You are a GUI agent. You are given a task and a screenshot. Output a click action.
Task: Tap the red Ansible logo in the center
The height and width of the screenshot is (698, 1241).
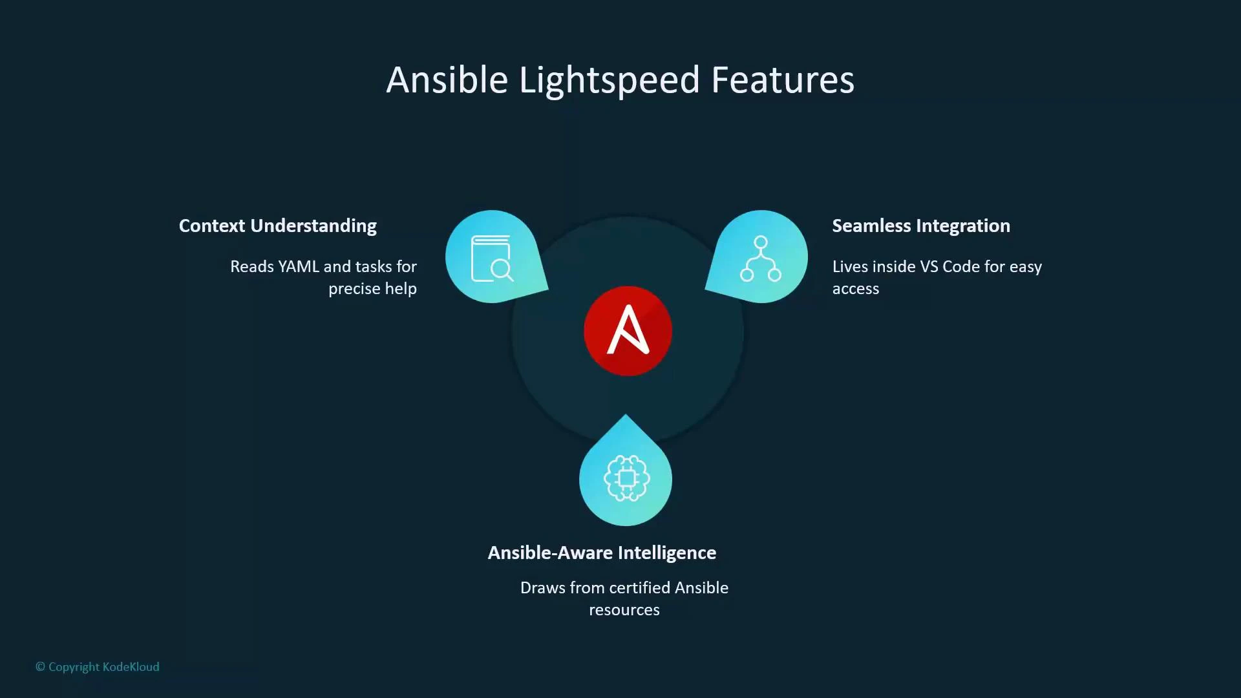point(628,331)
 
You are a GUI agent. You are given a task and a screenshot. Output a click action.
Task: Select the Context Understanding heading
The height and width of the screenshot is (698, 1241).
point(277,226)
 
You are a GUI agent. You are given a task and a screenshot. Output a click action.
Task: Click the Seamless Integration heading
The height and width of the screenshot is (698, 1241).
point(920,226)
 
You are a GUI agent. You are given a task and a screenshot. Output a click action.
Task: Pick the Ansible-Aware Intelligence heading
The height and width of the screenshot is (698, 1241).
point(602,553)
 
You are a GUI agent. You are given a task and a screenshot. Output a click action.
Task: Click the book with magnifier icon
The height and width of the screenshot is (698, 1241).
point(492,259)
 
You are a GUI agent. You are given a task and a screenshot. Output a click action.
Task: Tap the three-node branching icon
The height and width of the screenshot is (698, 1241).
point(761,259)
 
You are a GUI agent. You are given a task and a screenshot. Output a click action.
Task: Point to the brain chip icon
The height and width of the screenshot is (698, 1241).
point(626,478)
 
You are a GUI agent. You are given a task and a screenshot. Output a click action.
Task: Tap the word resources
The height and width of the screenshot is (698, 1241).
point(624,609)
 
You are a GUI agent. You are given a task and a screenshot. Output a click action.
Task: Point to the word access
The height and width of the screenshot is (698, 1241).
point(855,288)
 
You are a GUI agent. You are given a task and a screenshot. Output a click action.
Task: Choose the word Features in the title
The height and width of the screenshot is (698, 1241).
point(782,81)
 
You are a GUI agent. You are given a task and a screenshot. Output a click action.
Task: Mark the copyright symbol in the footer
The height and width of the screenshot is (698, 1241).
point(40,667)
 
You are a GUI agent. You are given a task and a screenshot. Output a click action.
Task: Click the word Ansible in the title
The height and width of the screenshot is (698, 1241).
point(447,81)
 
